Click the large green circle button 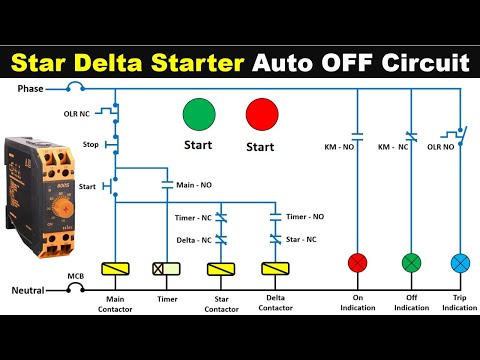click(x=197, y=115)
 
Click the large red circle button click(x=263, y=115)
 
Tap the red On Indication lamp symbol click(x=358, y=263)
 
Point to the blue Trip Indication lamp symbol click(x=460, y=263)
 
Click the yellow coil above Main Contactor click(x=116, y=269)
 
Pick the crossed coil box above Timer click(x=166, y=269)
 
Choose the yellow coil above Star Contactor click(x=220, y=269)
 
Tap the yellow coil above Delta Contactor click(x=274, y=269)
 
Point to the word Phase click(x=31, y=89)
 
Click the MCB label click(x=76, y=275)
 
